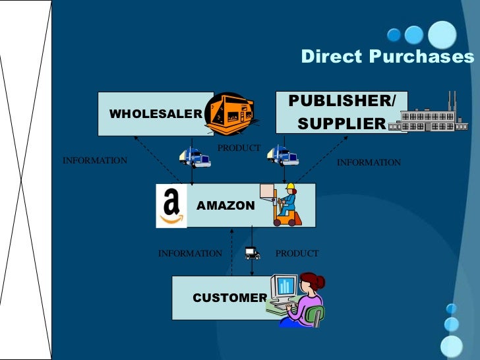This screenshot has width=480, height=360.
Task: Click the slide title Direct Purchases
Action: (x=387, y=57)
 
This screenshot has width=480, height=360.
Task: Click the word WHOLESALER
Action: (x=155, y=113)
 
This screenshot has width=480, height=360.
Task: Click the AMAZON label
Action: (x=225, y=206)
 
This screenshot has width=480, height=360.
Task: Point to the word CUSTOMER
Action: (x=229, y=298)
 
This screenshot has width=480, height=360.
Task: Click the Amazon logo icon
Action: (x=171, y=206)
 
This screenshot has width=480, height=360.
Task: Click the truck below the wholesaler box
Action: (x=195, y=158)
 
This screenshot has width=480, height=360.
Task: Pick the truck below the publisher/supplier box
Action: (x=282, y=156)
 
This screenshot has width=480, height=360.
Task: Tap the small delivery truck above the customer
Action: (x=251, y=252)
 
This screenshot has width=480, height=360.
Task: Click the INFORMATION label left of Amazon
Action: (x=94, y=160)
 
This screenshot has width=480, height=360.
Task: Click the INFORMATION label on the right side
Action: (x=369, y=162)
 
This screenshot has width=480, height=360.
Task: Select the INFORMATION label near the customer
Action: (x=190, y=253)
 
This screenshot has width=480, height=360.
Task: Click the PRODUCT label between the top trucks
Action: (x=239, y=148)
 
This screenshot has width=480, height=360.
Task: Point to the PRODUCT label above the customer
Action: (x=297, y=253)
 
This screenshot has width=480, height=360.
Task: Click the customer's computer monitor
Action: (x=285, y=286)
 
